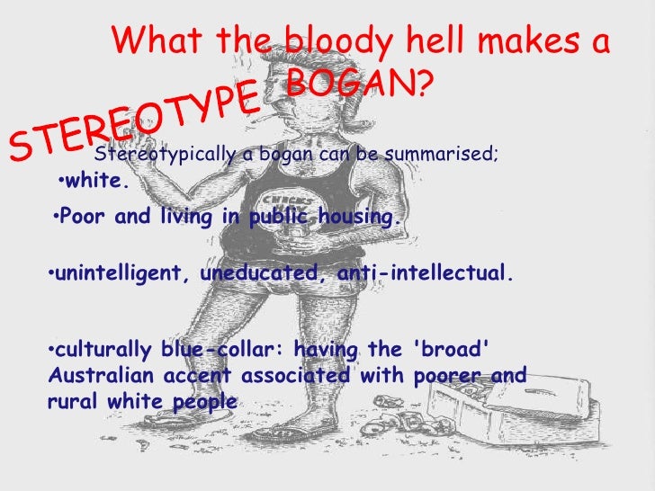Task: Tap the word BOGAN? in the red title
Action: pos(359,85)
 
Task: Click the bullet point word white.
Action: pos(98,182)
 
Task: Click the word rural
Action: pos(68,401)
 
